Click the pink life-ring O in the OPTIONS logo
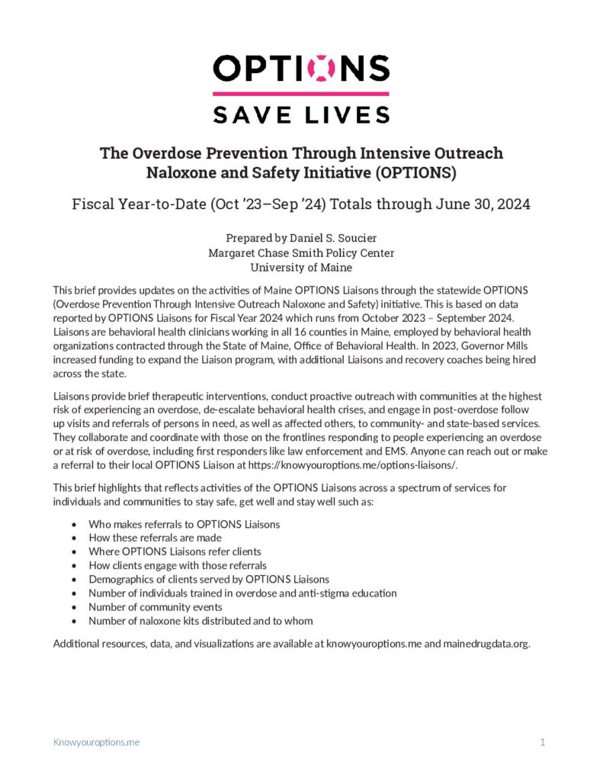click(x=321, y=69)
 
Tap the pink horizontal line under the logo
click(x=301, y=94)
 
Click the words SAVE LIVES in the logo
click(x=301, y=114)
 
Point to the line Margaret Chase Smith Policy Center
click(x=301, y=252)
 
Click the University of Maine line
click(x=301, y=267)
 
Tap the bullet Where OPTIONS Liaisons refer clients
click(x=175, y=551)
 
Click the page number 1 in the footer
click(x=543, y=742)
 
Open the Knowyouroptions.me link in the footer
click(x=96, y=742)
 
